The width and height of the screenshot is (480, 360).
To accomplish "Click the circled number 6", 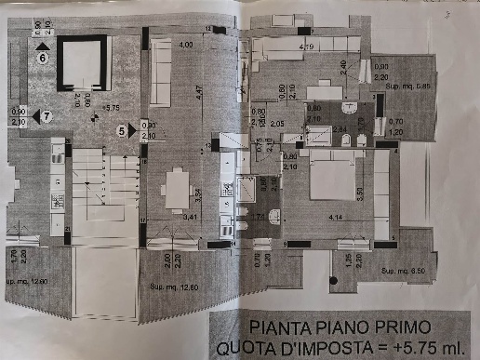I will click(x=43, y=57).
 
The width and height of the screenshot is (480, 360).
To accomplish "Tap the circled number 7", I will click(x=47, y=115).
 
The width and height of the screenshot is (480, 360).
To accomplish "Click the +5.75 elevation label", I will click(x=112, y=108).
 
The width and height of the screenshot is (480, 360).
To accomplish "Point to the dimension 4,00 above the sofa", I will click(x=185, y=45).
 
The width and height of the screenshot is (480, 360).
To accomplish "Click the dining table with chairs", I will click(x=178, y=191).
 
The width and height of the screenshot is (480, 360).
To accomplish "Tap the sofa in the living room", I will click(x=160, y=73).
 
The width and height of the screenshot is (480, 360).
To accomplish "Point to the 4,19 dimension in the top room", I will click(x=305, y=45).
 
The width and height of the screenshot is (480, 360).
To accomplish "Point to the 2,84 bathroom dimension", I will click(x=340, y=128).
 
